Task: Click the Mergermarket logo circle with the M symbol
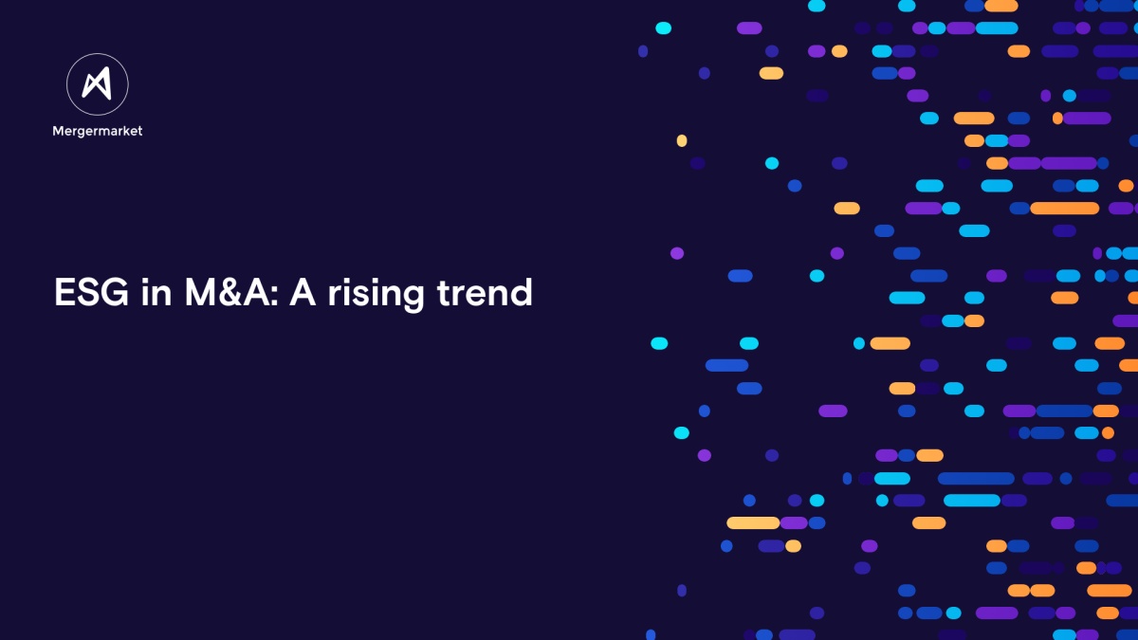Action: click(98, 84)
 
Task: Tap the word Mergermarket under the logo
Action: click(98, 131)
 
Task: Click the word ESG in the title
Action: click(91, 292)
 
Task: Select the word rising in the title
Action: click(376, 293)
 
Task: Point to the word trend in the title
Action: click(485, 292)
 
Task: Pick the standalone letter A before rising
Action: click(303, 292)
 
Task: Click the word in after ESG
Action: click(156, 292)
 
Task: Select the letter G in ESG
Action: click(116, 292)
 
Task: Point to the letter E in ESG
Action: click(64, 292)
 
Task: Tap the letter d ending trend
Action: click(522, 292)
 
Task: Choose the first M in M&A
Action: click(201, 292)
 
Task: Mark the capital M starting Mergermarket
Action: click(58, 131)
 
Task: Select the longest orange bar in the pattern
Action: click(1064, 209)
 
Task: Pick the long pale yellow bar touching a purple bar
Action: click(753, 522)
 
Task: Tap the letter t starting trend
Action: click(444, 293)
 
